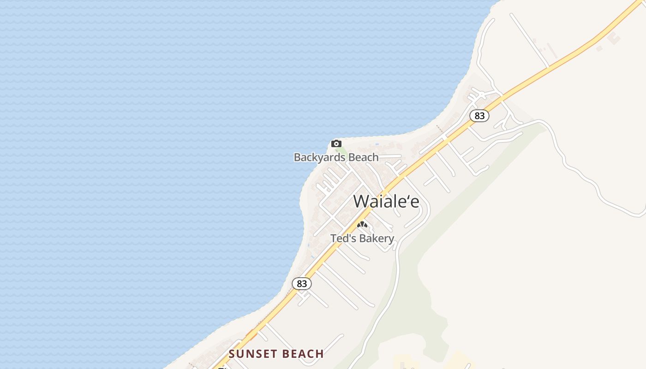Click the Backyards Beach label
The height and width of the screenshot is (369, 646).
tap(336, 157)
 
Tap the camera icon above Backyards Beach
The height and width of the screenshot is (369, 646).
tap(336, 143)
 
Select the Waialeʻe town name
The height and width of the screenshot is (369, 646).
tap(386, 201)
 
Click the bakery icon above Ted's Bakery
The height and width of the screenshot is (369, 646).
tap(362, 225)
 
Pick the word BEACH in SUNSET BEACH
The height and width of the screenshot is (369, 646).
tap(302, 354)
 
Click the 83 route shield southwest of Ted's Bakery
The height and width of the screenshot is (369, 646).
tap(302, 284)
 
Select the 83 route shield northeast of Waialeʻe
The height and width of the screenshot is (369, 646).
tap(479, 116)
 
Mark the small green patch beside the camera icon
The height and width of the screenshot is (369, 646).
tap(341, 151)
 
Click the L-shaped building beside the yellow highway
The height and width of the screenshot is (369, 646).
tap(614, 38)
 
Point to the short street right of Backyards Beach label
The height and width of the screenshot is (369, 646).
tap(390, 157)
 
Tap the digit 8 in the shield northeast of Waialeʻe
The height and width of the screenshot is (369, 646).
tap(477, 116)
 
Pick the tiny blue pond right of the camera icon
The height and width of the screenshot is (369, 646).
tap(377, 145)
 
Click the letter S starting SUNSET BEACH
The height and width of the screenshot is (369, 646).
tap(232, 354)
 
